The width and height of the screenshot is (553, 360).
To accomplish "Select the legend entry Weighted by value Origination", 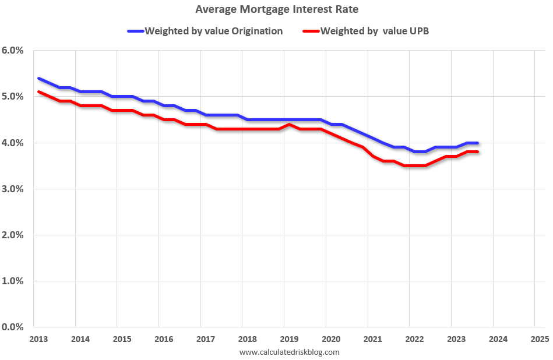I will pos(213,31).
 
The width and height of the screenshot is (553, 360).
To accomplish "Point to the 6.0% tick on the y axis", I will pos(12,51).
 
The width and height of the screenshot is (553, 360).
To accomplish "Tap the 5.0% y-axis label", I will pos(12,97).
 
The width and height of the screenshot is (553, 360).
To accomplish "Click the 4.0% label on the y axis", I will pos(12,143).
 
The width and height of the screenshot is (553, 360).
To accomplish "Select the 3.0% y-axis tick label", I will pos(12,189).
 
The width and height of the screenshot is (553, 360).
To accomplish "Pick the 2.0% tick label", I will pos(12,235).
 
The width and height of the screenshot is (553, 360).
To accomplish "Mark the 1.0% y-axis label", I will pos(12,281).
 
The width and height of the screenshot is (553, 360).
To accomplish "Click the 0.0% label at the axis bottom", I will pos(12,327).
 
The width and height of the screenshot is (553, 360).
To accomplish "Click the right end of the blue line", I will pos(478,143).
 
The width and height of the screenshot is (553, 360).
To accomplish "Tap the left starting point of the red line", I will pos(38,92).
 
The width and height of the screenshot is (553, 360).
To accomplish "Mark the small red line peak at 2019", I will pos(290,125).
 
